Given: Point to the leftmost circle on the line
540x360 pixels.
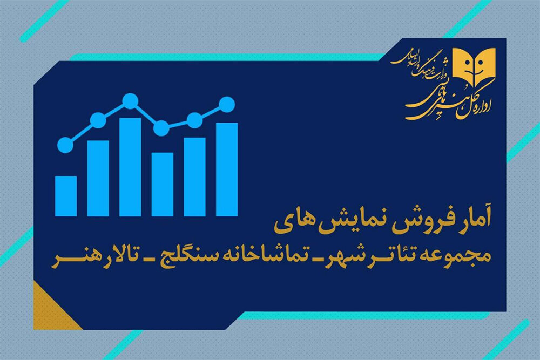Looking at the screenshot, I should coord(65,145).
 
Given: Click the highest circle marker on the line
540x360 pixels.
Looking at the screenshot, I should coord(130,101).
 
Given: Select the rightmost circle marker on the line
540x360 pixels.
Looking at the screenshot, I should coord(227,104).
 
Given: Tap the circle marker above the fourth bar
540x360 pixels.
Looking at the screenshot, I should coord(161,128).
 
